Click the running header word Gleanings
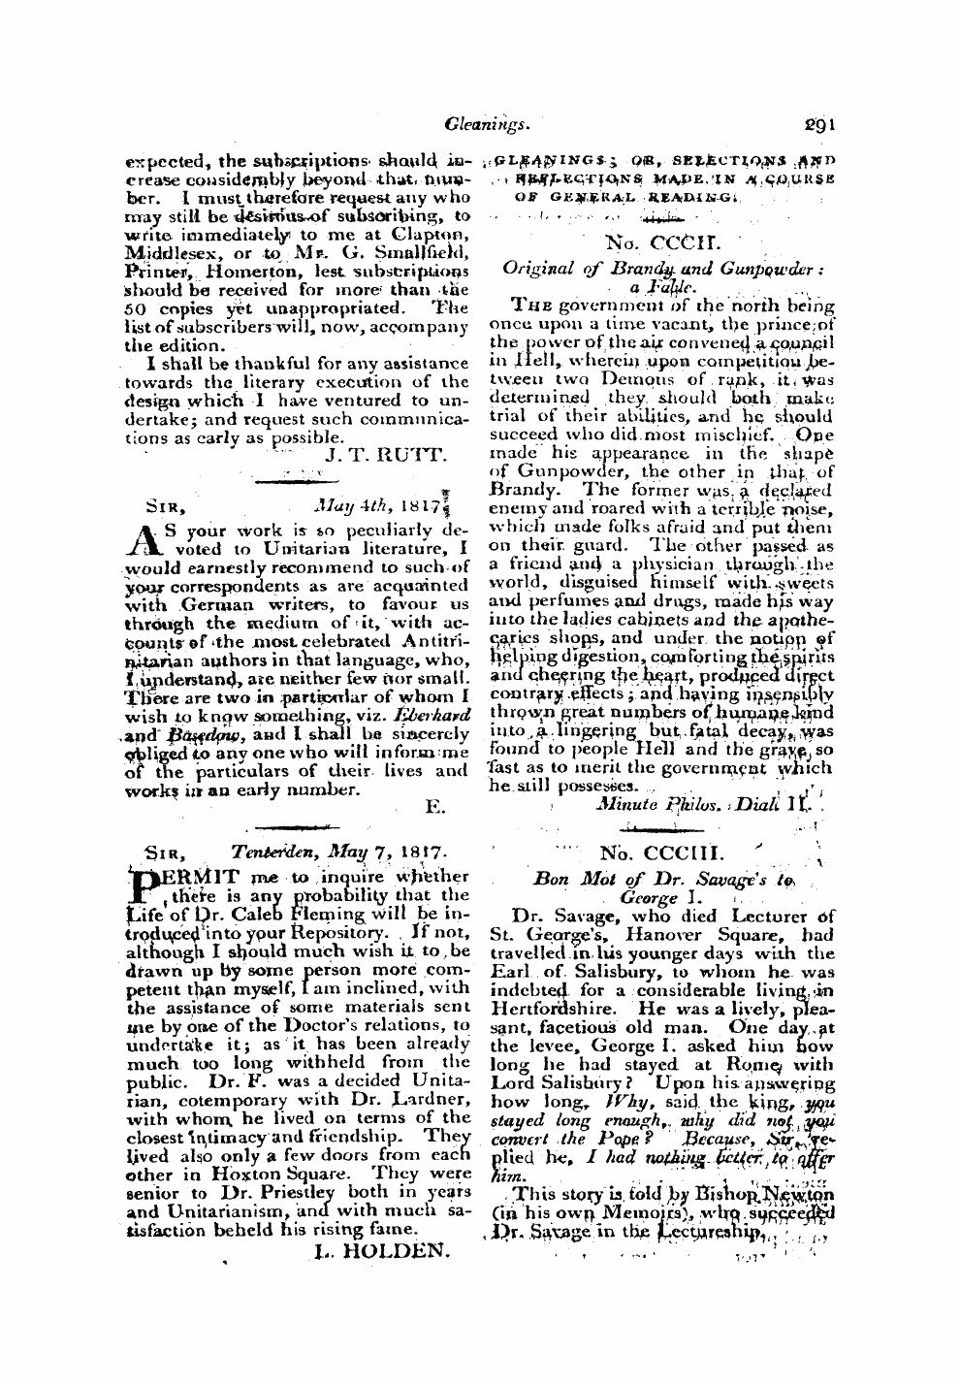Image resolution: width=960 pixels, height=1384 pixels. tap(482, 124)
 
